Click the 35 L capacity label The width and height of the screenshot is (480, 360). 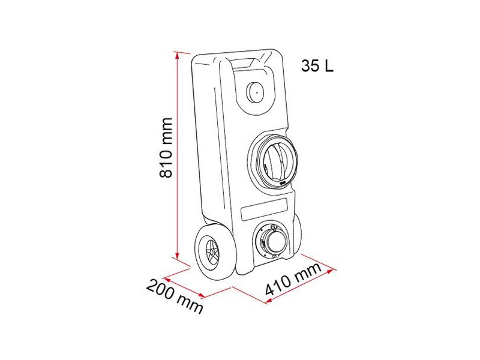(x=317, y=67)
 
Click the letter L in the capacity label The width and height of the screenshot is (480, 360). (x=328, y=67)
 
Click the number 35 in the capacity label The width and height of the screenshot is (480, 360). (x=310, y=67)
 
